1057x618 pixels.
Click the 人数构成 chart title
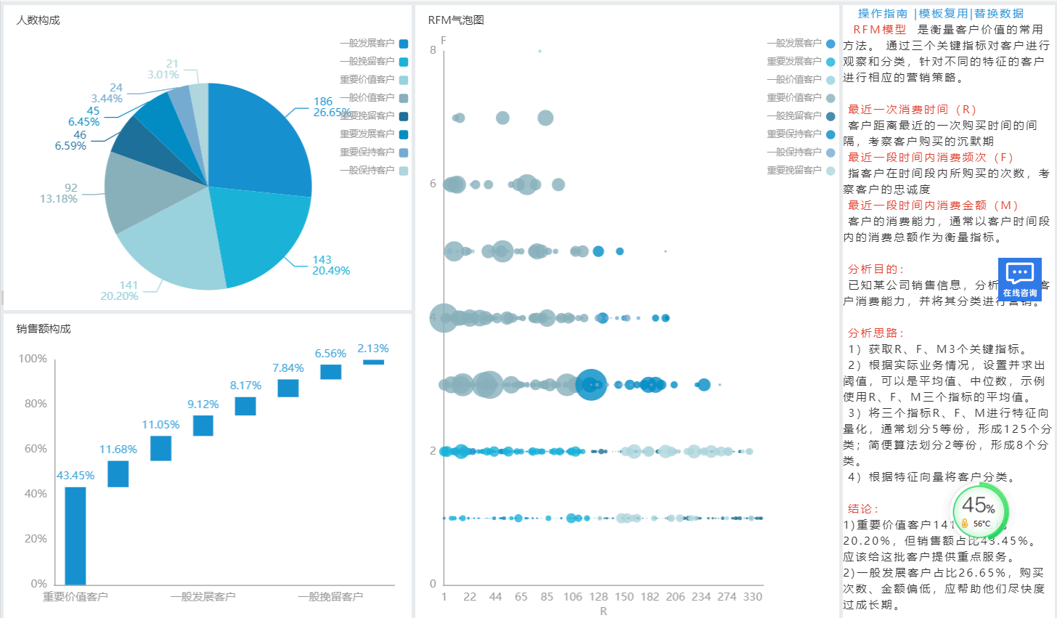(x=38, y=20)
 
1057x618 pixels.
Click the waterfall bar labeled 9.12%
(x=203, y=426)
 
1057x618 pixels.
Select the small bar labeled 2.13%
(x=373, y=362)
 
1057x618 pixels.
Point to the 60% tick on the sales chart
(x=36, y=449)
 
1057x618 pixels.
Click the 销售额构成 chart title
(x=44, y=329)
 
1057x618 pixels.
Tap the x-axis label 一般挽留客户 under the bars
(x=330, y=597)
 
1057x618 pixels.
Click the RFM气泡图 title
(x=456, y=20)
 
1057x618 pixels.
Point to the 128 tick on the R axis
(x=598, y=597)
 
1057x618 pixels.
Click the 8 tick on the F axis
(x=433, y=50)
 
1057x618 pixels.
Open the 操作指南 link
(x=882, y=14)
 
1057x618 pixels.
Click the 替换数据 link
(x=999, y=14)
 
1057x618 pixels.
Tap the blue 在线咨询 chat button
(x=1020, y=280)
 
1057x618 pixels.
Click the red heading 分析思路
(x=875, y=333)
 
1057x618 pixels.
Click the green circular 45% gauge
(x=979, y=508)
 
